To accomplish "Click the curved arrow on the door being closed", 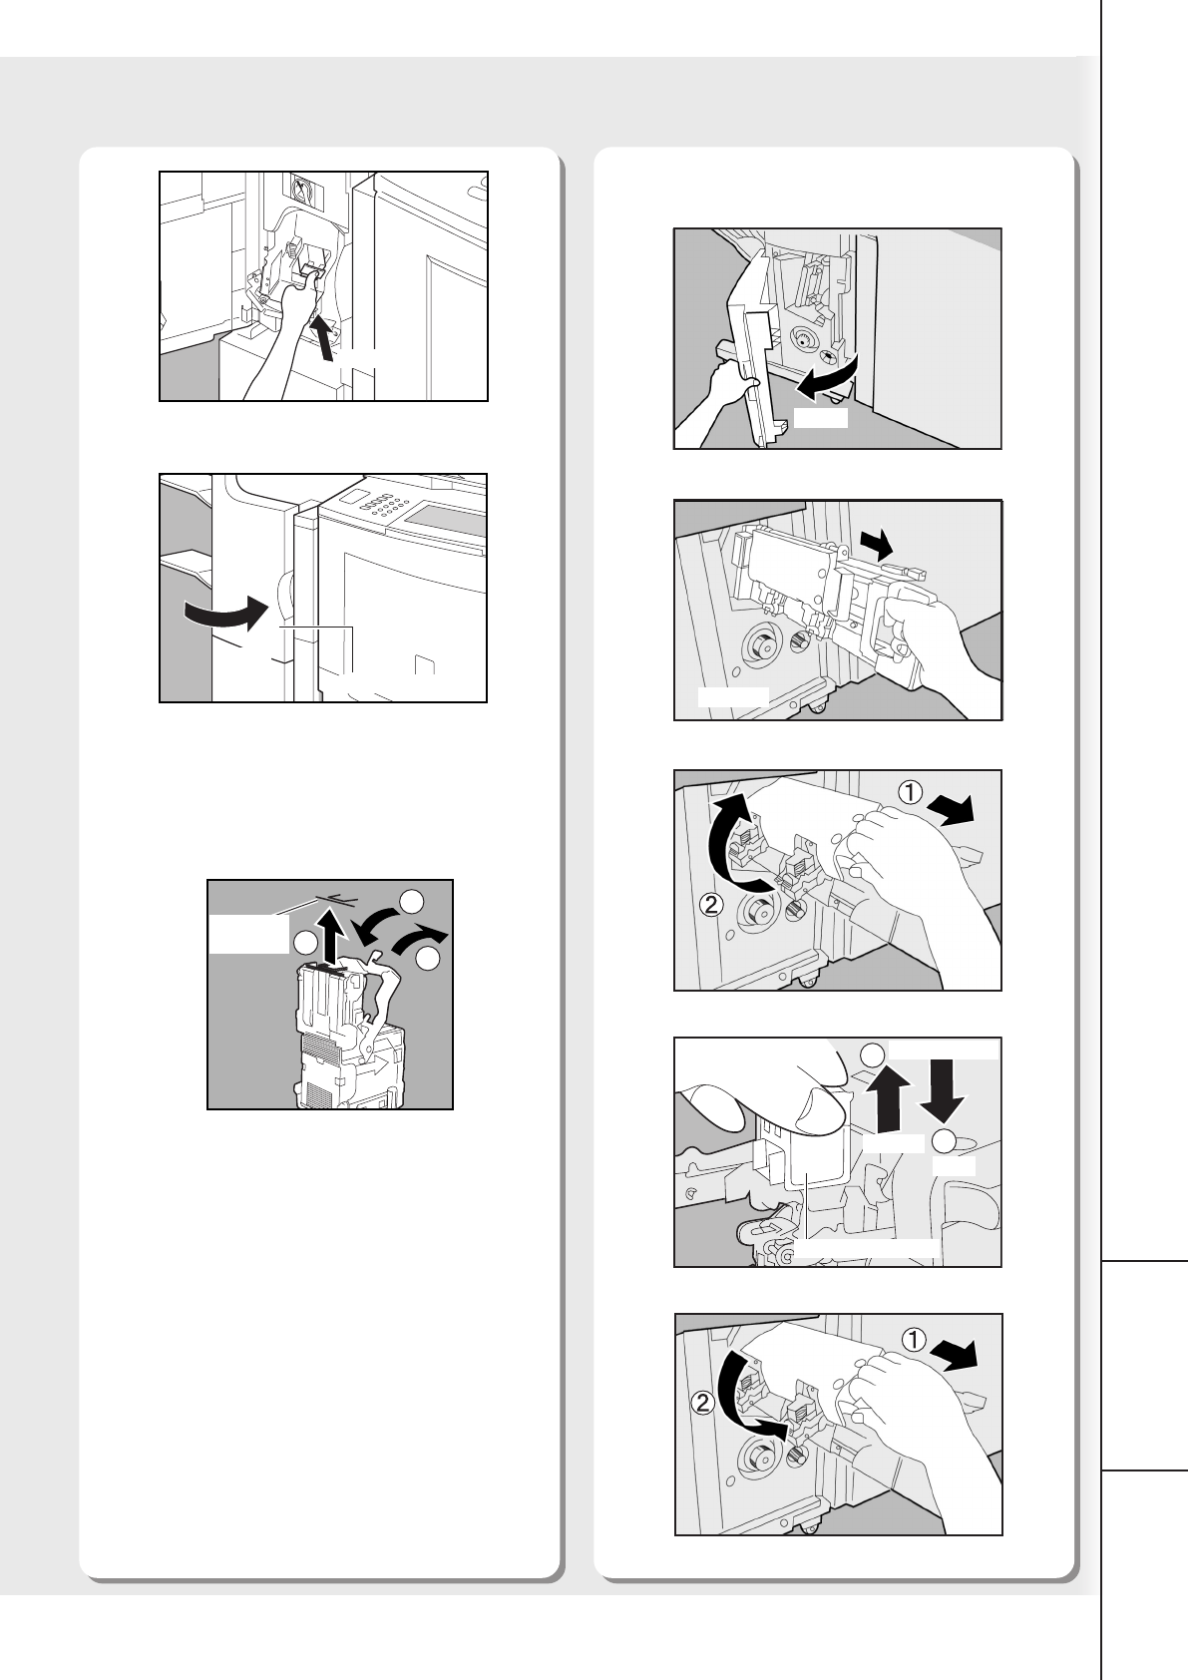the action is tap(226, 615).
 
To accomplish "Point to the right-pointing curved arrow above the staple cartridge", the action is tap(421, 939).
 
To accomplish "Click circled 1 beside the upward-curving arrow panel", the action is tap(911, 793).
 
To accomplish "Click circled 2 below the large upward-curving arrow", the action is tap(711, 905).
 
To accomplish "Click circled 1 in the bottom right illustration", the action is tap(914, 1339).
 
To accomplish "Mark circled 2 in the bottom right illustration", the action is tap(703, 1402).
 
